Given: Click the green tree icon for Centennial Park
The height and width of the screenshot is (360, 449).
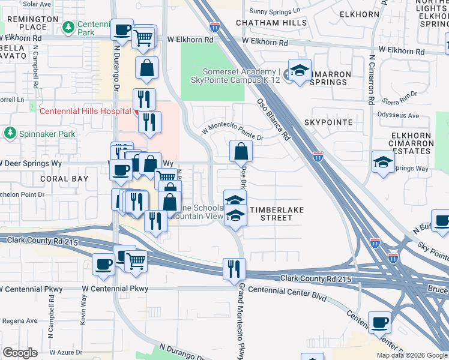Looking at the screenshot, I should tap(68, 26).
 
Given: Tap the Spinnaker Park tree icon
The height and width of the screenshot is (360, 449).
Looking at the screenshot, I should tap(10, 133).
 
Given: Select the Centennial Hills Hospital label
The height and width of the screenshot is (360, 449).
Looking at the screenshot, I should tap(85, 111).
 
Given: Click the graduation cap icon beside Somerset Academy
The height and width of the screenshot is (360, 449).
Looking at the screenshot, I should tap(298, 71).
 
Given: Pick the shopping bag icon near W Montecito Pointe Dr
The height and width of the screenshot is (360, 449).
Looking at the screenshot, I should tap(241, 151).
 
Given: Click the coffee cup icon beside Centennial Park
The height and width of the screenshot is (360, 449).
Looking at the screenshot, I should tap(122, 31).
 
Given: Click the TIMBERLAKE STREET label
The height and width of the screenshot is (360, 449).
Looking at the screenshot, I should tap(276, 214).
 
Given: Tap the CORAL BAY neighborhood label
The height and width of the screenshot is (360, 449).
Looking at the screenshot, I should tap(64, 179).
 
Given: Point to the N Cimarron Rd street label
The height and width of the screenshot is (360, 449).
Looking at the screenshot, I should tap(372, 79).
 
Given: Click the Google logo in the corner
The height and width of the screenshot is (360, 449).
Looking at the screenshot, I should tap(20, 352).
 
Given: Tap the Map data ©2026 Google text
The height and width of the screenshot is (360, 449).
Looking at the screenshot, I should tap(412, 355).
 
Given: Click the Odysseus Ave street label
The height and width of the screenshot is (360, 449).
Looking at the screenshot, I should tap(397, 115).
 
